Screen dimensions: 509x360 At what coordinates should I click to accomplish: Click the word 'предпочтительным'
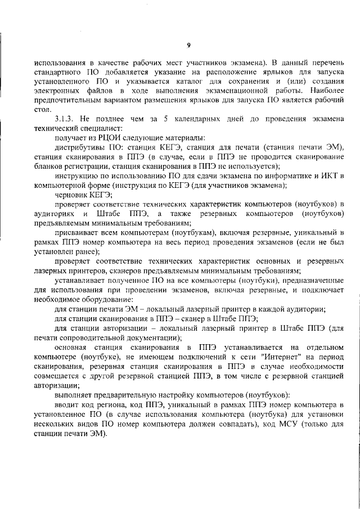[67, 100]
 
